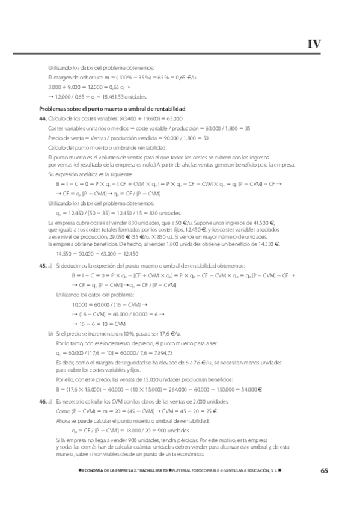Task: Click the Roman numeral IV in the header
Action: pos(314,43)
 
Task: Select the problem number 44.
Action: pos(42,118)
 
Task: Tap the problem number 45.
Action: pos(42,265)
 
